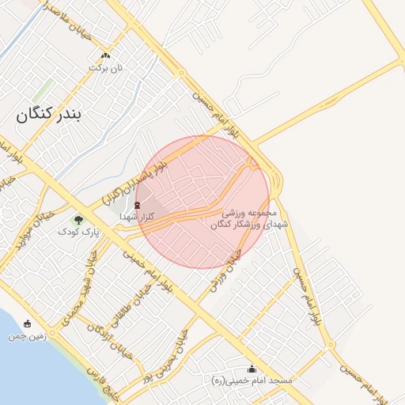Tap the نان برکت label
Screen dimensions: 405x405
(x=106, y=69)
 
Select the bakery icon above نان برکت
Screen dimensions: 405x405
(x=106, y=55)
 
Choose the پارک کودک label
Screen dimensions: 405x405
(x=79, y=233)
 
